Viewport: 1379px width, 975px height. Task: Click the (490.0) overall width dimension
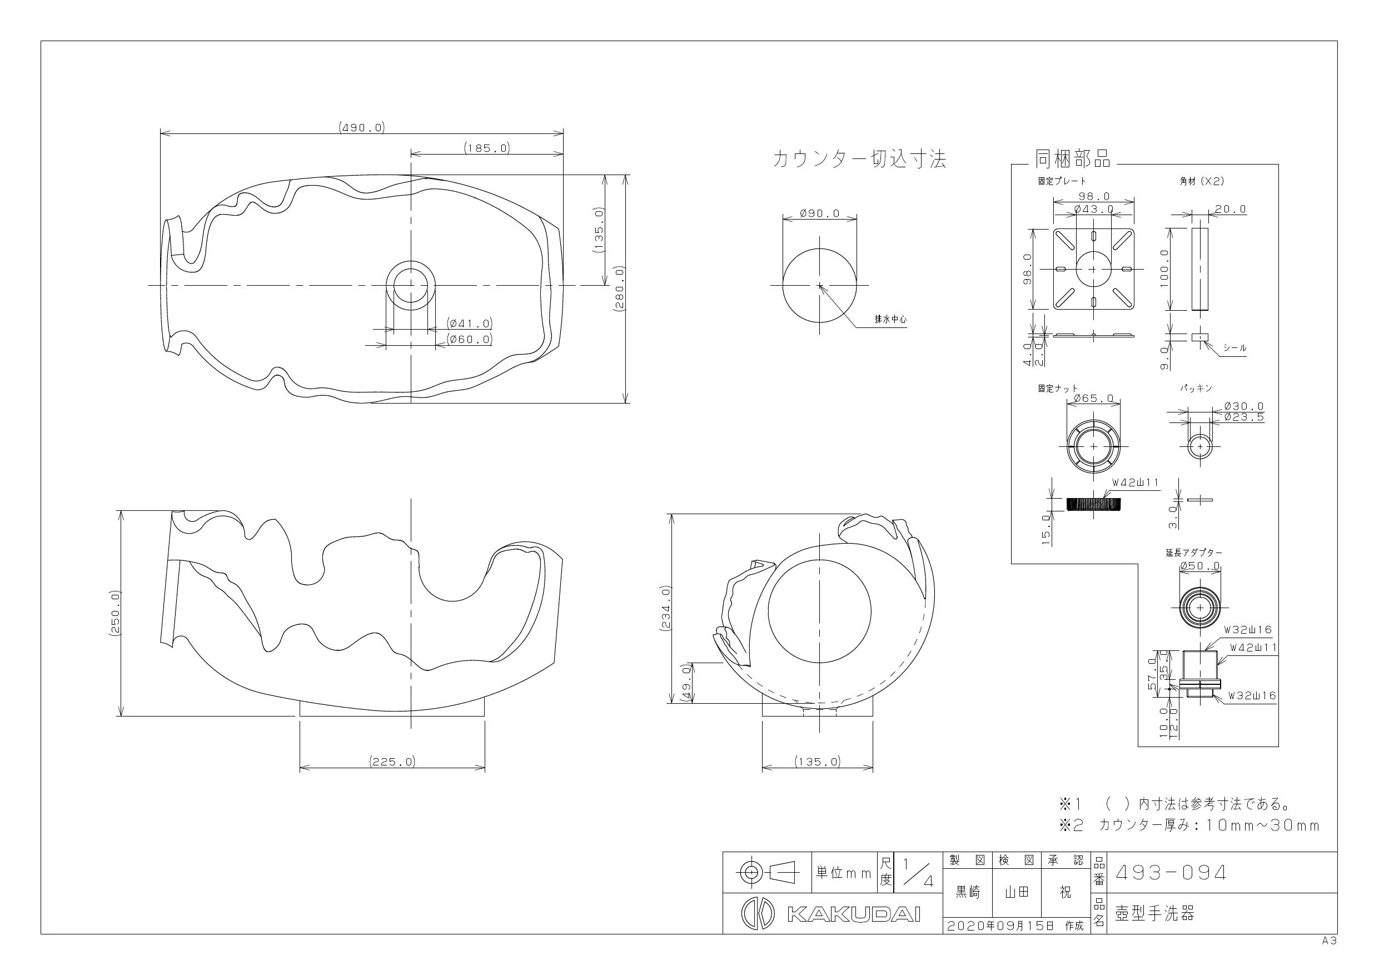362,127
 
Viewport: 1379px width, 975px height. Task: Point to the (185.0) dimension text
486,147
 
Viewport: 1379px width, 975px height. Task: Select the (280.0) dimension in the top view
619,289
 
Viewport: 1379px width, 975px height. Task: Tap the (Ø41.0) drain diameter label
470,323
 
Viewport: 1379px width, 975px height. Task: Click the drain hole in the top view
411,285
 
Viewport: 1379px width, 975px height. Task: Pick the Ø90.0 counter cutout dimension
820,213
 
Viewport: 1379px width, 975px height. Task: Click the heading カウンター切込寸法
859,159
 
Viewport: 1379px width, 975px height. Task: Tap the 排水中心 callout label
890,320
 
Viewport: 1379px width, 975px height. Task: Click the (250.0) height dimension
116,613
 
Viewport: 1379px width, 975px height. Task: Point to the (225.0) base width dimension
392,762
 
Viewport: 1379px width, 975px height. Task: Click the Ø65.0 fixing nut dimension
1094,399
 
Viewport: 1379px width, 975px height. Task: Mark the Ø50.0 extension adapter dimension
1200,566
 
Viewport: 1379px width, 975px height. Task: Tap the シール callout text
1234,348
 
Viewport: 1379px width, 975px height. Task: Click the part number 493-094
1171,872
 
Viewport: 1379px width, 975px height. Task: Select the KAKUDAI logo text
853,914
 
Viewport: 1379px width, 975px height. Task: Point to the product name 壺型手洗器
1154,914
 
